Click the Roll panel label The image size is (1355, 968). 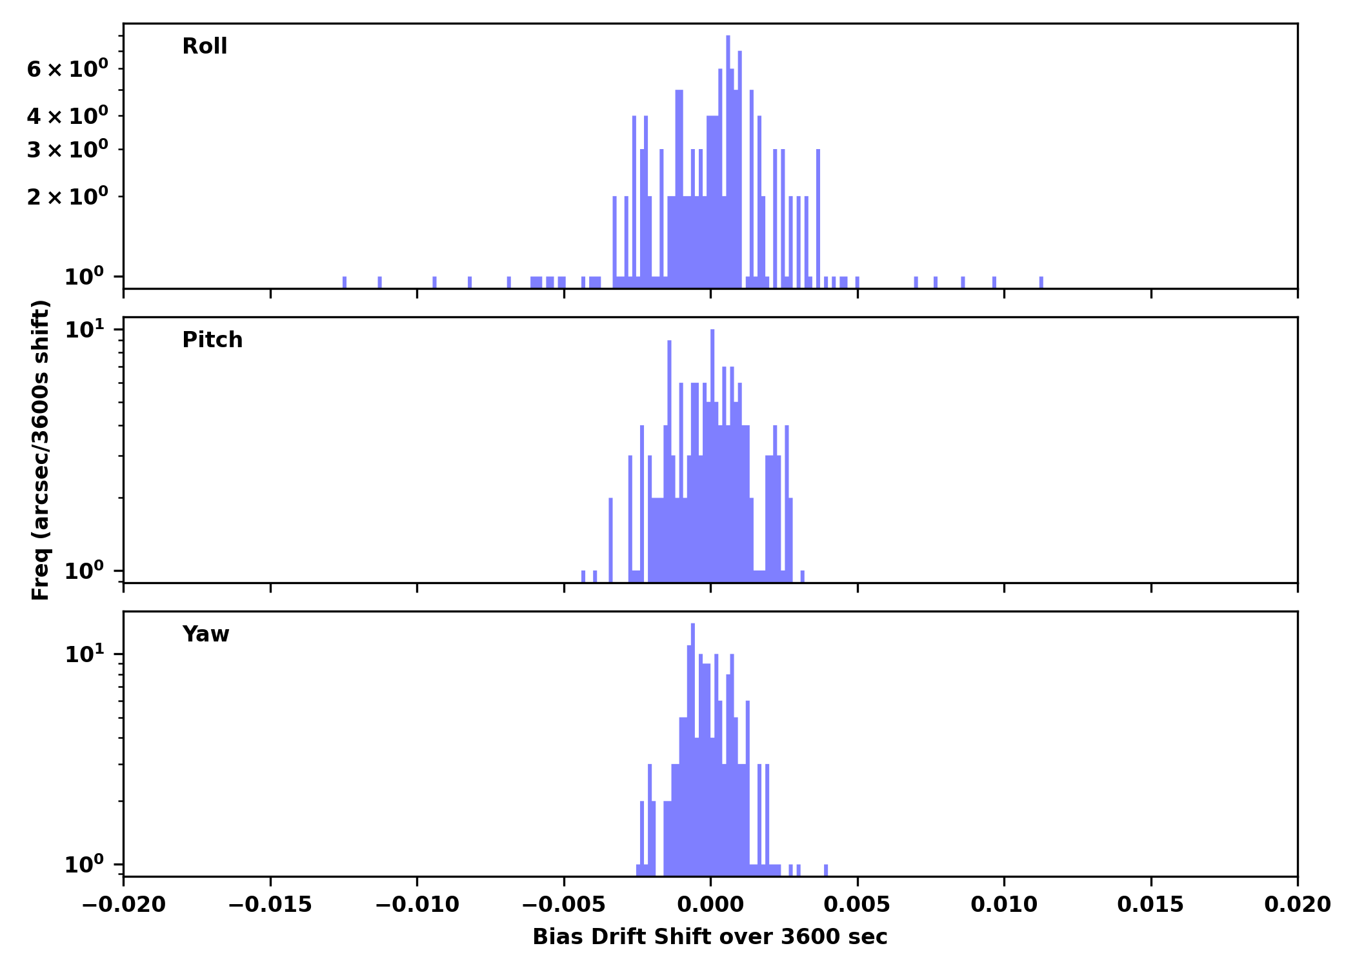click(205, 46)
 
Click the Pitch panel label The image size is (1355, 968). click(212, 340)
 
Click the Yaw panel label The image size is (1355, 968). click(206, 634)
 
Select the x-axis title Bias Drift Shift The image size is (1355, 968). click(710, 937)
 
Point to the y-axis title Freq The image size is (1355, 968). click(41, 450)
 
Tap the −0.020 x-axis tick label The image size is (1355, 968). click(123, 905)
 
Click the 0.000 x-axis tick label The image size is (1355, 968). click(710, 905)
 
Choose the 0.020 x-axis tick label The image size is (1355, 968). click(1297, 905)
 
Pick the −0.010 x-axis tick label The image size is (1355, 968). click(417, 905)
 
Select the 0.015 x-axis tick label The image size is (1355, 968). click(1150, 905)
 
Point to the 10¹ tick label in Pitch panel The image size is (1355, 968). click(85, 330)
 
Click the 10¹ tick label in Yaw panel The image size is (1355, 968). click(85, 654)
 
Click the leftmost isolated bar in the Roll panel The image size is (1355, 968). click(345, 282)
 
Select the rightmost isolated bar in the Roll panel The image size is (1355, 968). click(1041, 282)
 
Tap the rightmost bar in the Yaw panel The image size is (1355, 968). click(826, 870)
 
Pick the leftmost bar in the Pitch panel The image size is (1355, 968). click(583, 576)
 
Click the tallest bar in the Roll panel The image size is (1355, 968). click(728, 161)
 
